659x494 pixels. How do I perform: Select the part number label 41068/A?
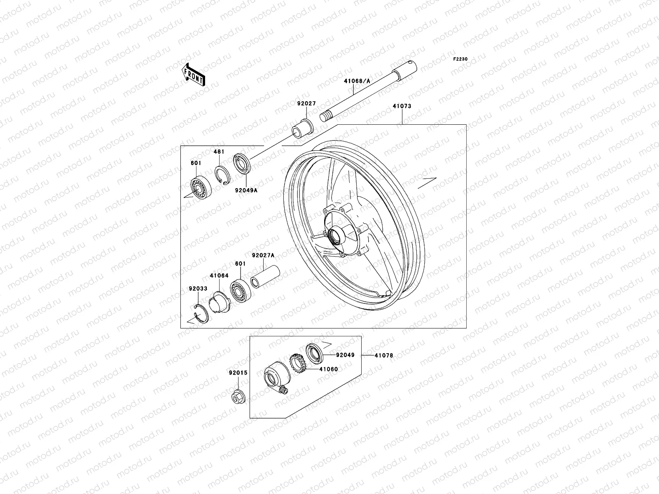pyautogui.click(x=357, y=82)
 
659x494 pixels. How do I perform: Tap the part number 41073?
pyautogui.click(x=402, y=106)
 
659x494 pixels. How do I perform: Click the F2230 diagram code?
pyautogui.click(x=460, y=59)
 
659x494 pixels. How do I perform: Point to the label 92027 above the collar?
pyautogui.click(x=306, y=104)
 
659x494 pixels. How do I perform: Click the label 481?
pyautogui.click(x=219, y=152)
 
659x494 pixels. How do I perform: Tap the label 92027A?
pyautogui.click(x=263, y=255)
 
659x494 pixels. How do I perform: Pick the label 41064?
pyautogui.click(x=219, y=275)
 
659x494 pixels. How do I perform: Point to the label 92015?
pyautogui.click(x=238, y=373)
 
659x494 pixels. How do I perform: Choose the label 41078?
pyautogui.click(x=383, y=355)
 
